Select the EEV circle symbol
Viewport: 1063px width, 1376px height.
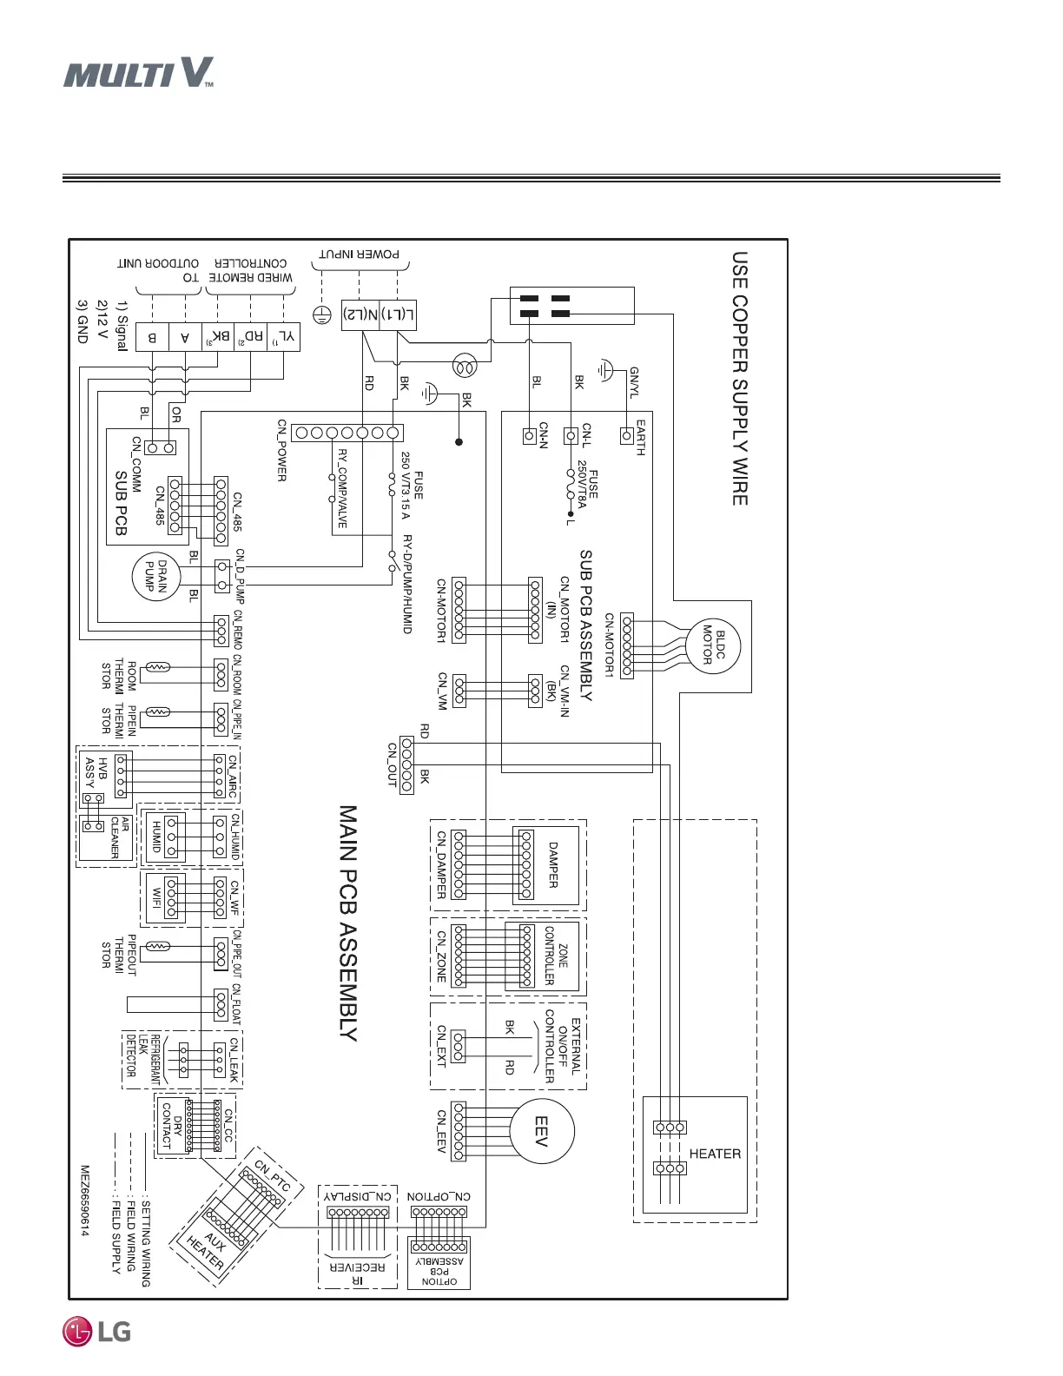tap(541, 1130)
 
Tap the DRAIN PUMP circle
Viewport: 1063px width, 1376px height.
tap(156, 576)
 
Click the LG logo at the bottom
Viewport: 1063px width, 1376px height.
tap(96, 1332)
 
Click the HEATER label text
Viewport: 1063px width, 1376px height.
tap(715, 1154)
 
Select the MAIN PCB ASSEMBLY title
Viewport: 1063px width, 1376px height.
tap(347, 923)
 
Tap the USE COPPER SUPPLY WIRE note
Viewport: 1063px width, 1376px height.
tap(739, 378)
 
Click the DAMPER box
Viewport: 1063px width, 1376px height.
tap(547, 865)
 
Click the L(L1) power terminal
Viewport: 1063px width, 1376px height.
tap(399, 314)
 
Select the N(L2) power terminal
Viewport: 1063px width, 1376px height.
tap(360, 314)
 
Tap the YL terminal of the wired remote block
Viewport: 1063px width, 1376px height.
tap(284, 336)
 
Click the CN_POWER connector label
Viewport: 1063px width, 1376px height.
tap(281, 450)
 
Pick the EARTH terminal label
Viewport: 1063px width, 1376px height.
tap(641, 437)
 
